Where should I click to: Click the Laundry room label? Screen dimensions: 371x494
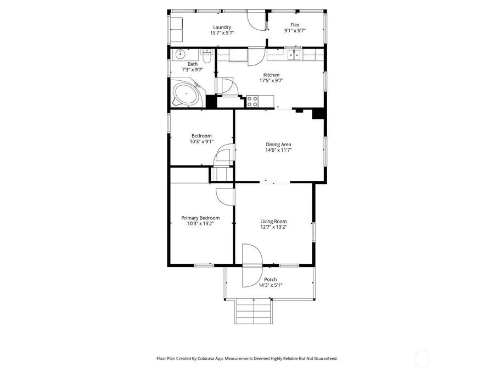point(221,27)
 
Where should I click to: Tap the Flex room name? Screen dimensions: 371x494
point(295,25)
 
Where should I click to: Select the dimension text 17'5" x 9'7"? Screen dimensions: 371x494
point(271,81)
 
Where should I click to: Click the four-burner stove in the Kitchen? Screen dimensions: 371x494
point(252,101)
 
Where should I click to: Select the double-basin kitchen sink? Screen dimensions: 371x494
point(295,54)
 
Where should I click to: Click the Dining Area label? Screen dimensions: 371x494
point(278,145)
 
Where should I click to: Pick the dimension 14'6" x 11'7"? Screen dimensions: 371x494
point(278,150)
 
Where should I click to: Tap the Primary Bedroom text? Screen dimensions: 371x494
point(200,218)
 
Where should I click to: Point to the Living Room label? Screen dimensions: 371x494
point(273,222)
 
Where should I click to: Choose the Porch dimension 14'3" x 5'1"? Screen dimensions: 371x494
point(271,285)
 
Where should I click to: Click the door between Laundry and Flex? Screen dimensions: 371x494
point(256,20)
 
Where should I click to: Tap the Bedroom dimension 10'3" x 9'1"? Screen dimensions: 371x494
point(201,142)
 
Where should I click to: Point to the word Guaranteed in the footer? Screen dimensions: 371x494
point(323,358)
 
